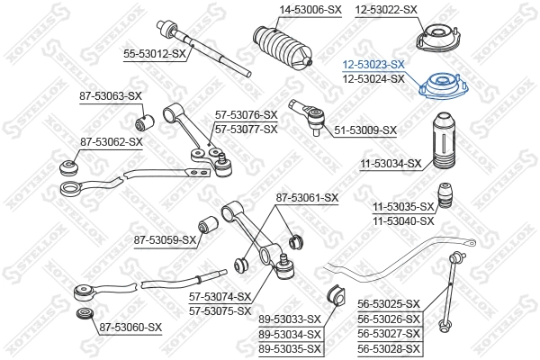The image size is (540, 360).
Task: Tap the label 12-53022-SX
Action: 386,9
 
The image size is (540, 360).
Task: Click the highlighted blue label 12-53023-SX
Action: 373,65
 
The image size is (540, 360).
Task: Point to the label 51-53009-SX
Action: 365,130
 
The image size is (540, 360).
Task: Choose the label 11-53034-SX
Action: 391,164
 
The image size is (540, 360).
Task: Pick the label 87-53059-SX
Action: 165,240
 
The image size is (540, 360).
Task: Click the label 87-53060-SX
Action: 130,327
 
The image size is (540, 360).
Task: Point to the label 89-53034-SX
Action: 290,334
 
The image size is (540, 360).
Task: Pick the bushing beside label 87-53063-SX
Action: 141,118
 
